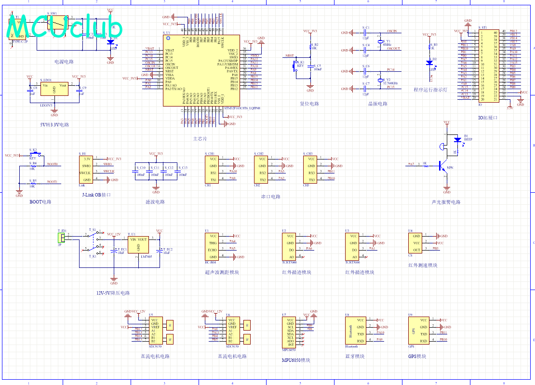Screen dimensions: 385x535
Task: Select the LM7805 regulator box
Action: pyautogui.click(x=139, y=246)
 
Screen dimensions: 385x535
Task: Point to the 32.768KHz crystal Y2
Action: pyautogui.click(x=380, y=80)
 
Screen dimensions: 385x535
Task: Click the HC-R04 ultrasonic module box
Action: pyautogui.click(x=213, y=247)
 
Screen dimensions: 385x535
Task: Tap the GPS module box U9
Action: pyautogui.click(x=418, y=331)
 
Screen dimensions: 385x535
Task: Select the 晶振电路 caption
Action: pyautogui.click(x=378, y=104)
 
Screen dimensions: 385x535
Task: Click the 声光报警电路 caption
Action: pyautogui.click(x=446, y=202)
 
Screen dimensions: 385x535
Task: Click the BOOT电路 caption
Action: pyautogui.click(x=40, y=202)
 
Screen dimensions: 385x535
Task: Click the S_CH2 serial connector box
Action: pyautogui.click(x=262, y=169)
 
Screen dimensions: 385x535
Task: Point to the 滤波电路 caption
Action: pyautogui.click(x=155, y=202)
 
